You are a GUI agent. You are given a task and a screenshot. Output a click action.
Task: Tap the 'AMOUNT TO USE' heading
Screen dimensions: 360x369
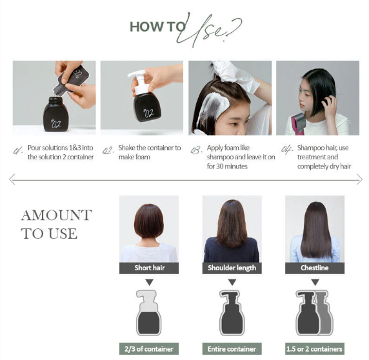pyautogui.click(x=56, y=224)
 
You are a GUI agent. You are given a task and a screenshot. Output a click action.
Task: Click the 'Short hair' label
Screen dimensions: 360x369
pyautogui.click(x=148, y=268)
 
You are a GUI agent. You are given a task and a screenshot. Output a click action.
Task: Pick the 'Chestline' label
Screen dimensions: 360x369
pyautogui.click(x=314, y=268)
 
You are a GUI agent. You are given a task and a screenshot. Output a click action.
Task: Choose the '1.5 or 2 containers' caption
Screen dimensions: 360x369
pyautogui.click(x=314, y=349)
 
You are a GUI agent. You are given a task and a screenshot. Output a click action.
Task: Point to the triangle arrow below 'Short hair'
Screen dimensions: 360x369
pyautogui.click(x=148, y=282)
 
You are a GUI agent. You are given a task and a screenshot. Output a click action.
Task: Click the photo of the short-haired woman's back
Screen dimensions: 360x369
pyautogui.click(x=148, y=228)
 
